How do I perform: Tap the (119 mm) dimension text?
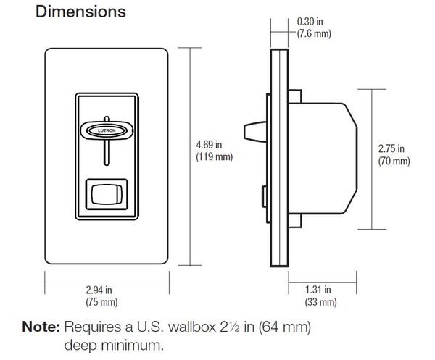pyautogui.click(x=212, y=156)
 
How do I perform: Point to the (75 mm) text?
pyautogui.click(x=108, y=301)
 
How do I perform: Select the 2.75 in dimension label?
pyautogui.click(x=394, y=148)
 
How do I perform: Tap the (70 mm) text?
pyautogui.click(x=394, y=161)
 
